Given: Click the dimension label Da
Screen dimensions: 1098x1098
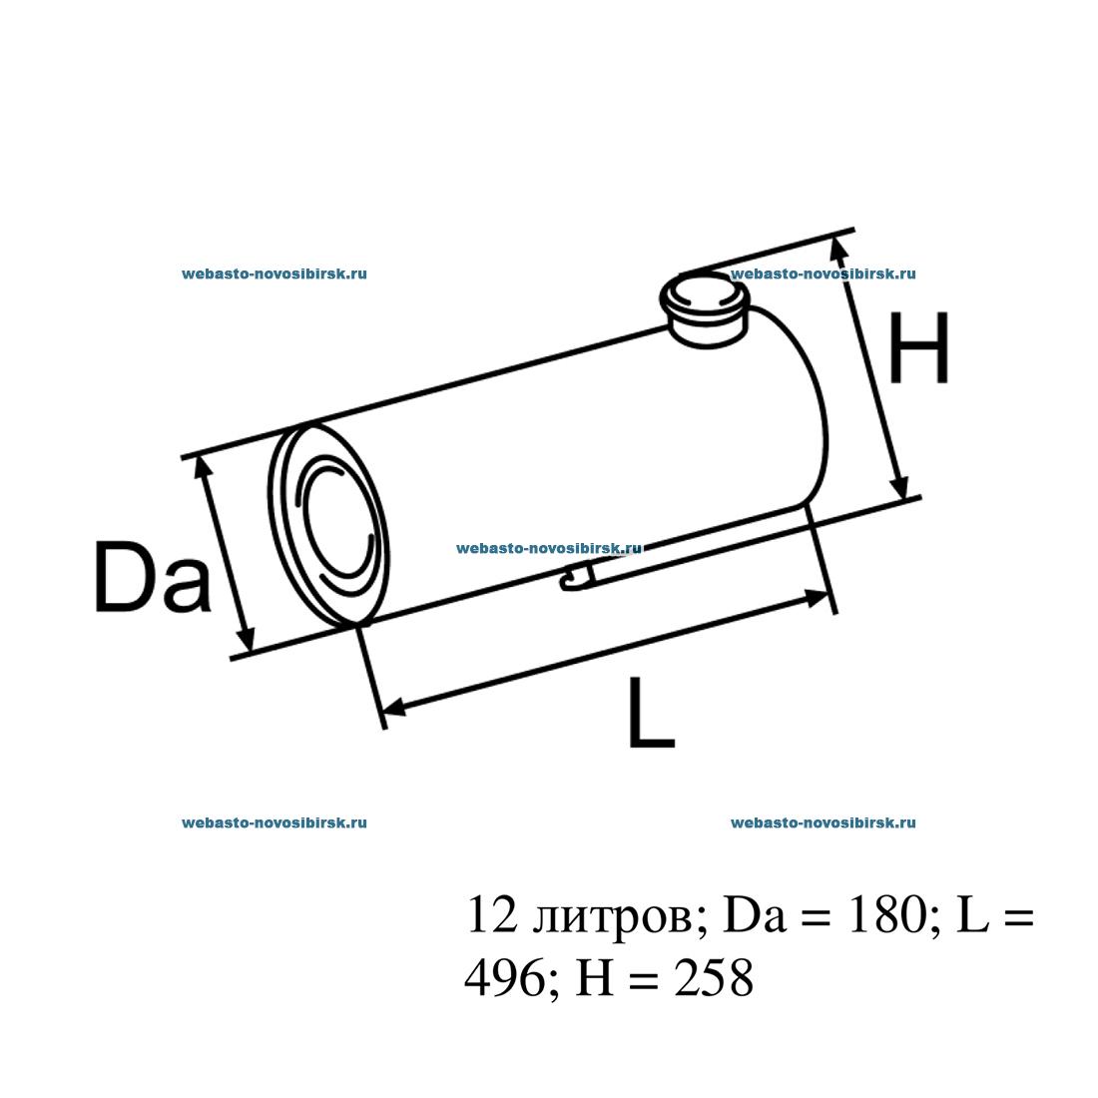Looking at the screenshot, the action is coord(153,577).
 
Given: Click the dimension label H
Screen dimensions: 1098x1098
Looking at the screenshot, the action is coord(918,348).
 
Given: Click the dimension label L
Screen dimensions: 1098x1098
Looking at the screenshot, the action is coord(651,712).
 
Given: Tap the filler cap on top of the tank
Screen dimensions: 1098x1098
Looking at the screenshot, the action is coord(705,308).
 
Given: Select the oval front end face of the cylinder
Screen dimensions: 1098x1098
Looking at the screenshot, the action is coord(328,523).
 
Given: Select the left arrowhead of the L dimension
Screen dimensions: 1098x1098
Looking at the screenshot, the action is coord(395,708).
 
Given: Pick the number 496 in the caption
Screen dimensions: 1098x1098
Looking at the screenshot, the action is coord(504,977).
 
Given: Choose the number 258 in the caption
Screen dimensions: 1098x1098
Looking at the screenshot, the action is coord(715,977).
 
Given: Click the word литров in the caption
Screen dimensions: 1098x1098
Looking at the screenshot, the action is coord(611,917).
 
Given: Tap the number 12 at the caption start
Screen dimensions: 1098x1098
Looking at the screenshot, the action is coord(492,914).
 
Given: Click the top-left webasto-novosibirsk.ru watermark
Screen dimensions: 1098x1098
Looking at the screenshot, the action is coord(274,274).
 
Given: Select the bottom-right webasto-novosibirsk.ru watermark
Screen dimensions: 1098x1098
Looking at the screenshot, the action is coord(823,823).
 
